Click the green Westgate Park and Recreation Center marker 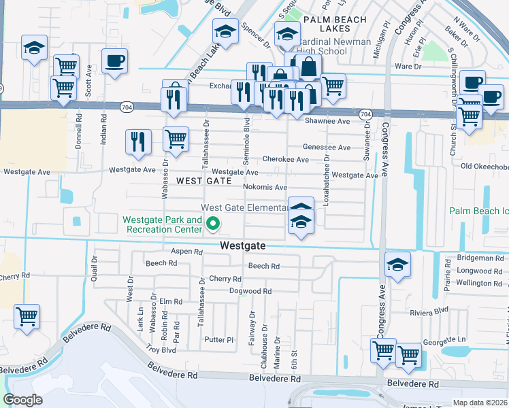(213, 222)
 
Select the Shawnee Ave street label (331, 121)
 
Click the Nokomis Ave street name (265, 187)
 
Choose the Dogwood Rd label (250, 291)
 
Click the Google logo (22, 399)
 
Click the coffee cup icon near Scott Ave (114, 61)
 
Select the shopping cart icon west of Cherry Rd (27, 316)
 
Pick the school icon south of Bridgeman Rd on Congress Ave (398, 265)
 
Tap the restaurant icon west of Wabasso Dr (138, 141)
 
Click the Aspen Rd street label (187, 252)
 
